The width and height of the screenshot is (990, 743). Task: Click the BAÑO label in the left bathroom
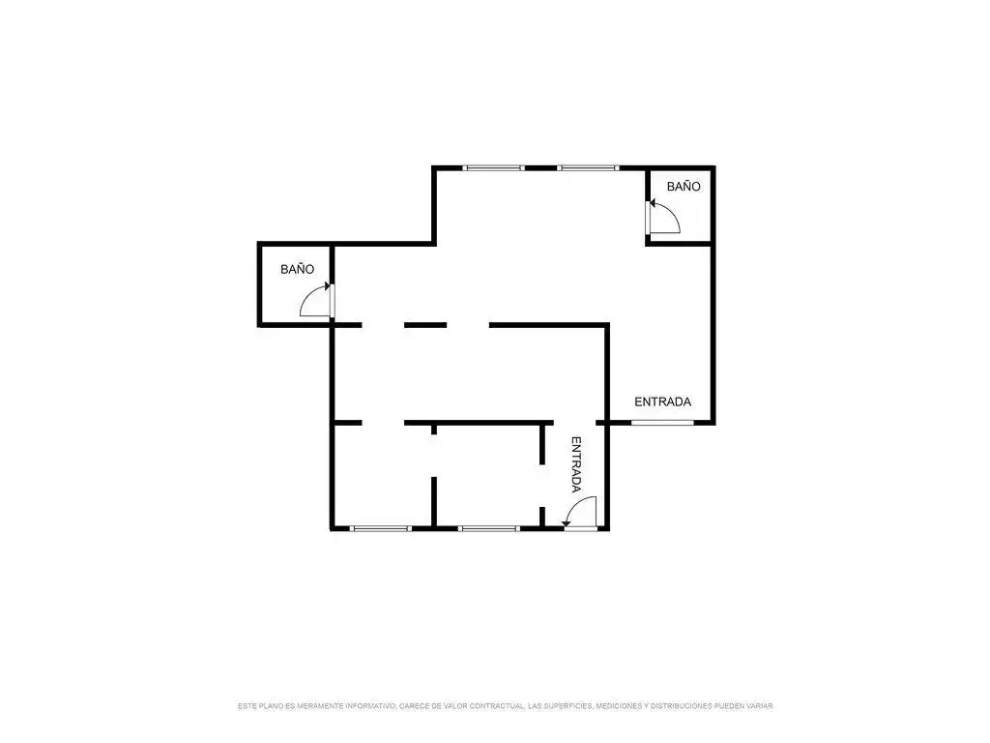tap(298, 269)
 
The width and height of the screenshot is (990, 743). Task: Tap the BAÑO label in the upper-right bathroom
tap(684, 187)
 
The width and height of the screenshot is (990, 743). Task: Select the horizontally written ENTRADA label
tap(662, 401)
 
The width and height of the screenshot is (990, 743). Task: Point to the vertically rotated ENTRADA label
tap(576, 464)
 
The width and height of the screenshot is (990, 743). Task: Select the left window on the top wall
tap(494, 168)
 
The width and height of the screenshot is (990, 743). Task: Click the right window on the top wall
tap(588, 168)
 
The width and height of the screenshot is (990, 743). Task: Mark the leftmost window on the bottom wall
tap(381, 528)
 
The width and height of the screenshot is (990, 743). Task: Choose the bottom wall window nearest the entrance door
tap(489, 528)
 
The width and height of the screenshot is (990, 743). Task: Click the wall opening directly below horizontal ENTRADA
tap(662, 423)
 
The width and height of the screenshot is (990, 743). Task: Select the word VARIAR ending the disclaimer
tap(759, 705)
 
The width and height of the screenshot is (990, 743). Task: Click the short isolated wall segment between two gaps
tap(425, 325)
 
